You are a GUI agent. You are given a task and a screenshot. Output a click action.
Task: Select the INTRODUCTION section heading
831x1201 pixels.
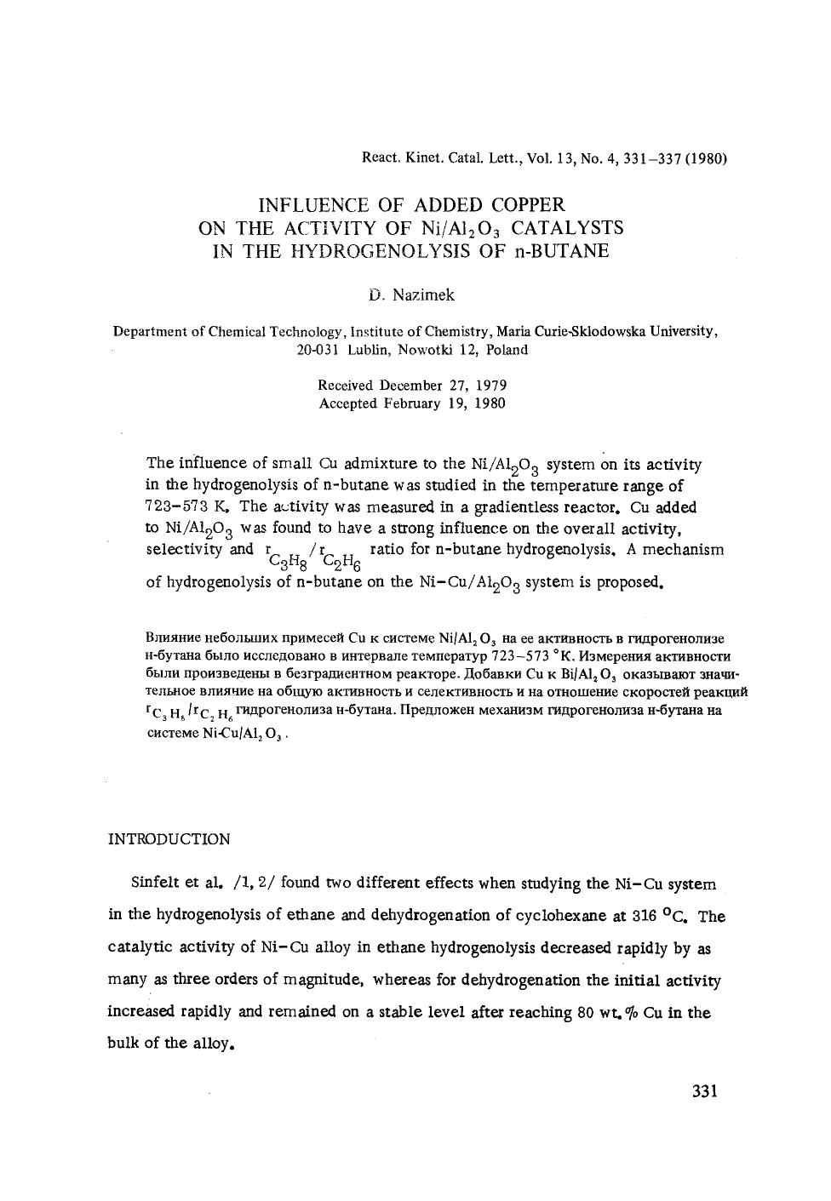pyautogui.click(x=169, y=839)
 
